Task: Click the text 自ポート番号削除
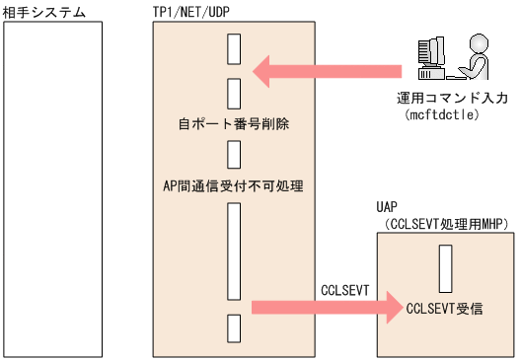(233, 125)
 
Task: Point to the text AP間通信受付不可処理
(233, 184)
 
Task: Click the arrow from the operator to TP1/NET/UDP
(326, 71)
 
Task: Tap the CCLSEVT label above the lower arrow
(344, 289)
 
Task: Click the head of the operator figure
(478, 41)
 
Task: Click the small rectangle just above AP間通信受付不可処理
(234, 155)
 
